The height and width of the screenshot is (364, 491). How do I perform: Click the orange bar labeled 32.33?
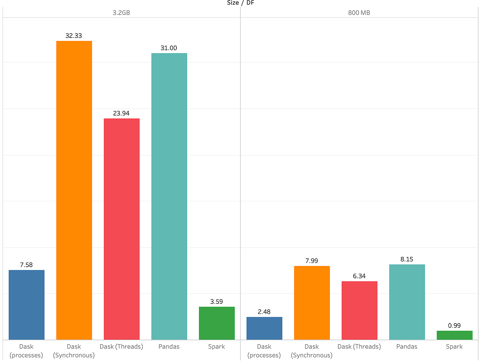74,190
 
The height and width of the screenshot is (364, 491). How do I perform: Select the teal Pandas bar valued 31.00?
169,196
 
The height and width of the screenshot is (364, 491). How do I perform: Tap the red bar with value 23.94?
122,229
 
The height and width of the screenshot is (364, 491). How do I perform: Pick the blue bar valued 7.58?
26,305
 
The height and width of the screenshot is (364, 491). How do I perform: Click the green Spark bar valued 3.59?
217,323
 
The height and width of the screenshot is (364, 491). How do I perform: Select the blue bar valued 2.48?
264,328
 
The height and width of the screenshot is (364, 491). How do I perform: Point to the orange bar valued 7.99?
312,303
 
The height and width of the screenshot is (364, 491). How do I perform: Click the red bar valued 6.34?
359,310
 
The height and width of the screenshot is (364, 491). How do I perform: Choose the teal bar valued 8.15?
407,302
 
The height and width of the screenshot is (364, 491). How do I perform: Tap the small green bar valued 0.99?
455,335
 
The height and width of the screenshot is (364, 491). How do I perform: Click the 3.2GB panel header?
122,13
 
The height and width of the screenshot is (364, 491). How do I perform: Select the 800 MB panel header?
359,13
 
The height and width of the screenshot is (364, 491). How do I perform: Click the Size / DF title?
240,3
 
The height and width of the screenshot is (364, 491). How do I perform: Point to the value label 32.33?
74,36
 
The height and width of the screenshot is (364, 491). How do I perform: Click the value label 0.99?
455,325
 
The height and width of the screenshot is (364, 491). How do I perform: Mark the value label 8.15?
407,259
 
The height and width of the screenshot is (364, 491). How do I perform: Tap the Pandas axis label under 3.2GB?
169,346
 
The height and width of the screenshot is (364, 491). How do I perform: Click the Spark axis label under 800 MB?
455,346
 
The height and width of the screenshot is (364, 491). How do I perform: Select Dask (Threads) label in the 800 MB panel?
359,346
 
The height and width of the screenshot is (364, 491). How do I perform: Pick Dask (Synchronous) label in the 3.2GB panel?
74,351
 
